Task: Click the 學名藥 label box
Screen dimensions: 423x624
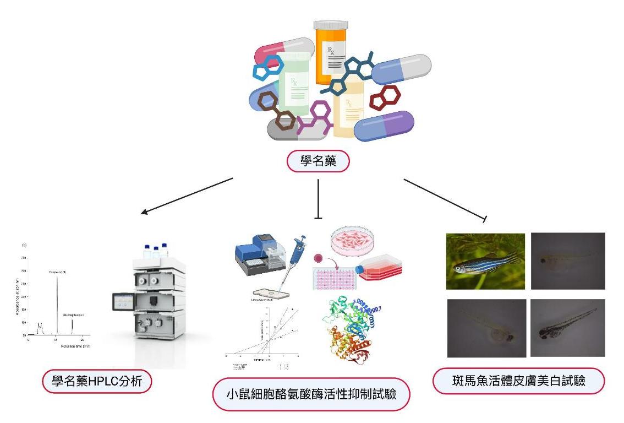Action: click(319, 161)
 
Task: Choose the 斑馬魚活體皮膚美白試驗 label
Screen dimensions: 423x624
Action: click(518, 381)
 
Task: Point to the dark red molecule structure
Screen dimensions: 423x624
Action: click(385, 99)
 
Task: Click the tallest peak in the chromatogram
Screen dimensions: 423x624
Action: click(57, 303)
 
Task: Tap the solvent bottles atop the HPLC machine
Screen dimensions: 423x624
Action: click(156, 251)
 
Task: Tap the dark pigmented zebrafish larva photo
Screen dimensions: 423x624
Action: click(567, 328)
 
